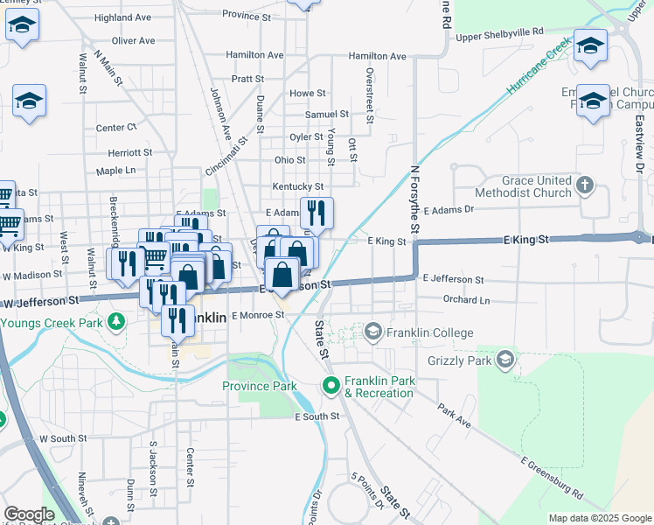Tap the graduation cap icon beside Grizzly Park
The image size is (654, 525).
[504, 359]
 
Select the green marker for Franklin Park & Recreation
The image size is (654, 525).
[330, 385]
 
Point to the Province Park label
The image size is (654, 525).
[259, 386]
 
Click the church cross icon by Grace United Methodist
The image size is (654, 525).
[586, 185]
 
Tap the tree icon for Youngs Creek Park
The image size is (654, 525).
[116, 323]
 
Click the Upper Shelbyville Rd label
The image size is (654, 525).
[499, 33]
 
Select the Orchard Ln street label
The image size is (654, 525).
[466, 299]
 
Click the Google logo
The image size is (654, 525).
[29, 514]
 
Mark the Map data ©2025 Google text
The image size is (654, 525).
[600, 518]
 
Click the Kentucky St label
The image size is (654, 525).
[297, 186]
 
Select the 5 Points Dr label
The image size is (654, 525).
[367, 491]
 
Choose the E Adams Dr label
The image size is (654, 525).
[449, 210]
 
